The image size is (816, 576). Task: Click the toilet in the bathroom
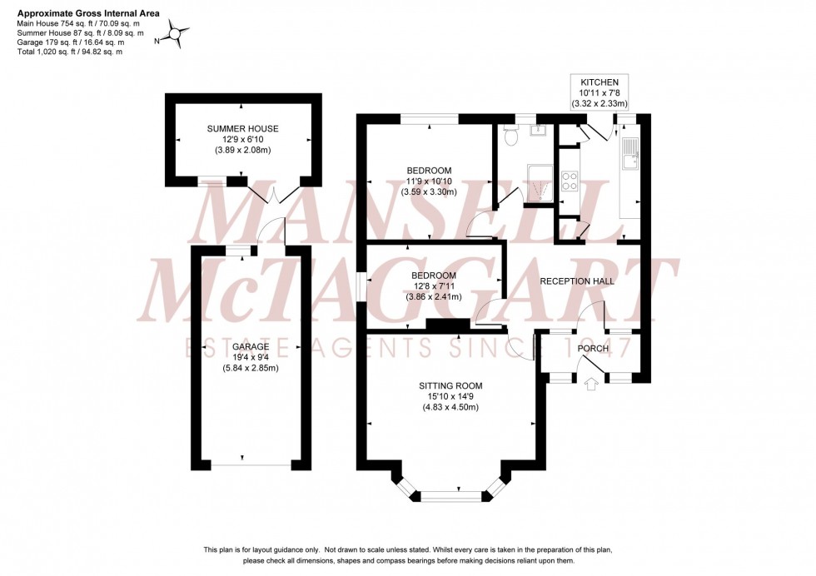[511, 136]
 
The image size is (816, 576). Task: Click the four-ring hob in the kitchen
[570, 180]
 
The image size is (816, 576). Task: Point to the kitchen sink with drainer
[630, 153]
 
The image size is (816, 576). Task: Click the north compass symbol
[176, 34]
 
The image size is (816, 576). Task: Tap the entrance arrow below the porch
[592, 385]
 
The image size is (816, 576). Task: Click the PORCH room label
[593, 348]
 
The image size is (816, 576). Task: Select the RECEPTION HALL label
[577, 281]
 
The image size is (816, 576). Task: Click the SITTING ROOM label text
[450, 385]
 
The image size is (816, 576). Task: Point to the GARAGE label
[249, 346]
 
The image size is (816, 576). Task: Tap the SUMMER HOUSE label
[243, 129]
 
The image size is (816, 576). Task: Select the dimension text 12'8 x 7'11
[433, 286]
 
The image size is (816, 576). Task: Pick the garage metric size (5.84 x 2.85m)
[250, 368]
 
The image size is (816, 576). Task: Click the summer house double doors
[271, 195]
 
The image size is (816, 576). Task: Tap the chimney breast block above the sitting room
[437, 325]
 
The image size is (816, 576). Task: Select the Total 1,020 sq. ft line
[70, 52]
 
